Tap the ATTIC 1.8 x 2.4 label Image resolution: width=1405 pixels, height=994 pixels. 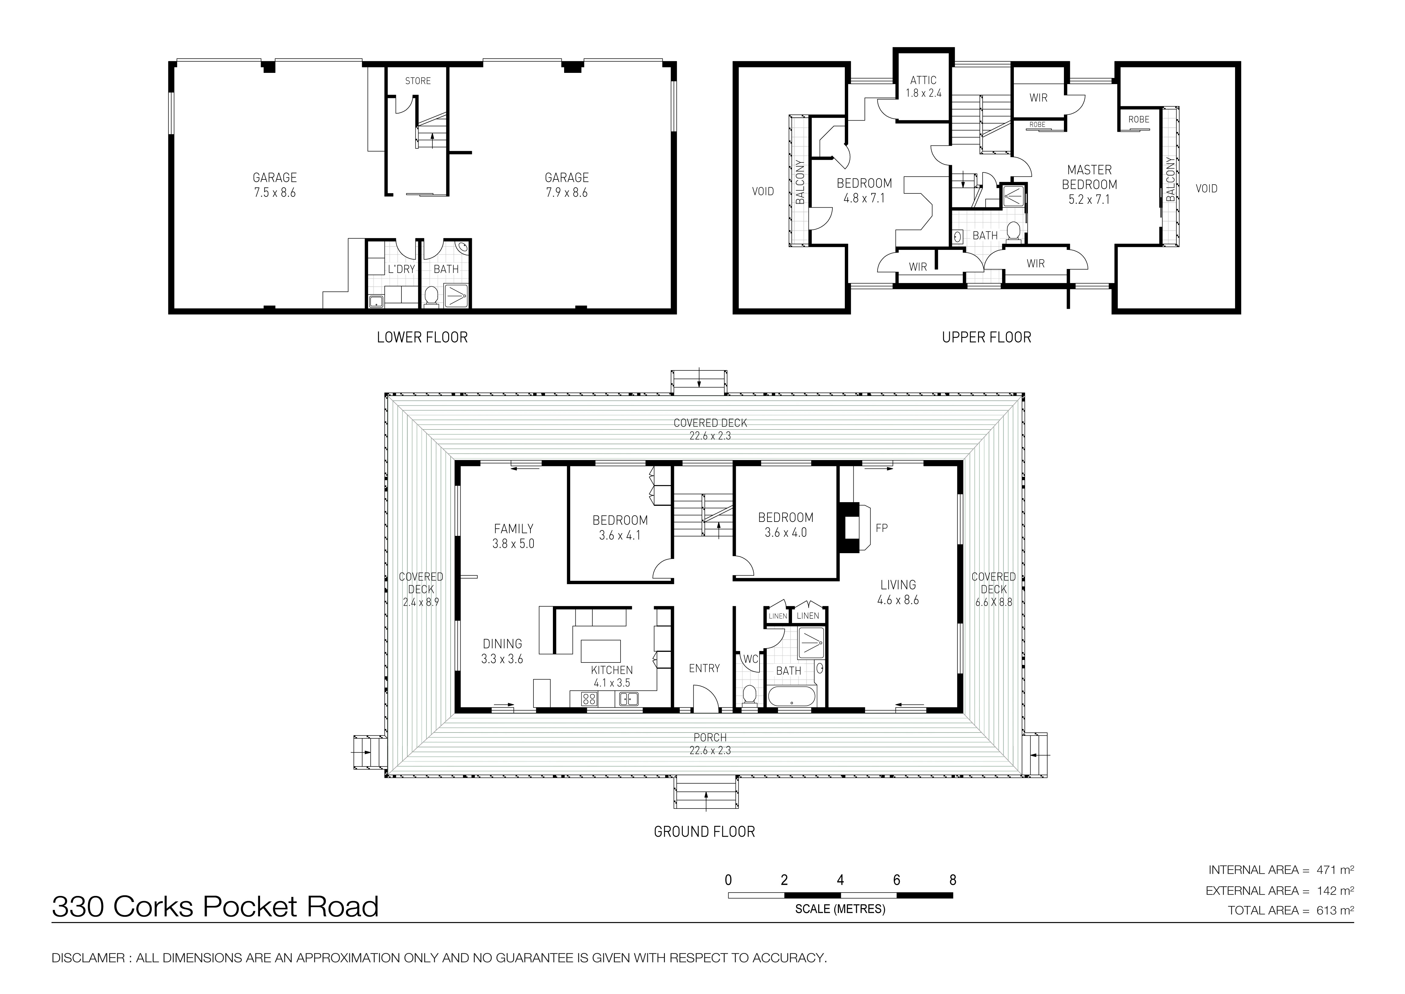pyautogui.click(x=923, y=86)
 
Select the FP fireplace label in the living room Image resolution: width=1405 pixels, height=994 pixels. pyautogui.click(x=881, y=528)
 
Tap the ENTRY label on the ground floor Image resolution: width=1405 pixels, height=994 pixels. pyautogui.click(x=704, y=668)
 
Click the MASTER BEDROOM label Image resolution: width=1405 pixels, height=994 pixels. pyautogui.click(x=1089, y=177)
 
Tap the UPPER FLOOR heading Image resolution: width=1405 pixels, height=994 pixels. pyautogui.click(x=987, y=337)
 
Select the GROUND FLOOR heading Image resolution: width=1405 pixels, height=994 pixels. pyautogui.click(x=704, y=832)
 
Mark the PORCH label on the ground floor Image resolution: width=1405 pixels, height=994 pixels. pyautogui.click(x=710, y=737)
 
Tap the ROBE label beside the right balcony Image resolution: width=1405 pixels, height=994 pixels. pyautogui.click(x=1138, y=119)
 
